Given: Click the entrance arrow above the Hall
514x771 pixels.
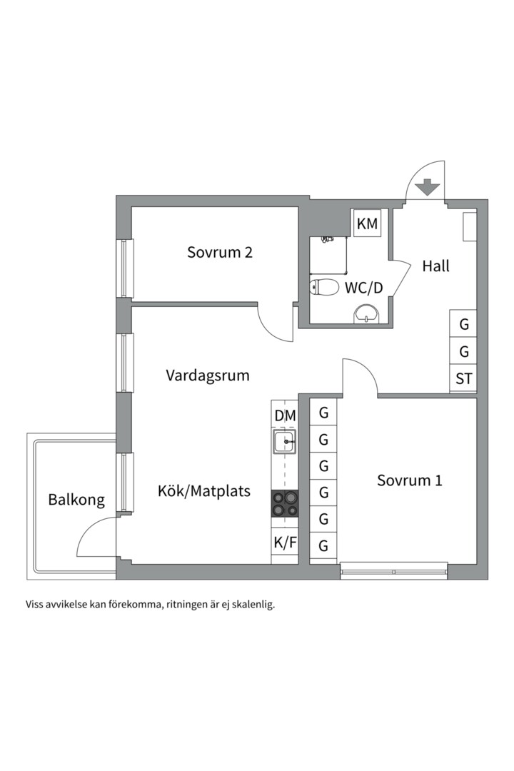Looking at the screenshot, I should coord(427,187).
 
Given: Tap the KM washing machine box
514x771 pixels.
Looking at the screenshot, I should coord(367,223).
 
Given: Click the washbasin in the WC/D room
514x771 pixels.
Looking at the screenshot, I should coord(367,313).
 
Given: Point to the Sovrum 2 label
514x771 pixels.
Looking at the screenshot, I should coord(220,252).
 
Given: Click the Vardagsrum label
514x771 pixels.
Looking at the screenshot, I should coord(208,375).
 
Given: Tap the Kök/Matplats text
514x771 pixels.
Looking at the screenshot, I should coord(204,491).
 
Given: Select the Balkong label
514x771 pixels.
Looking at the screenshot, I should coord(76,500).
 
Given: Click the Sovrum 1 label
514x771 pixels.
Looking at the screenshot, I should coord(409,480).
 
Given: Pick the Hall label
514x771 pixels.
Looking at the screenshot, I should coord(435,266).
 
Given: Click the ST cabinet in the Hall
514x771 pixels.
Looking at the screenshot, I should coord(464,378).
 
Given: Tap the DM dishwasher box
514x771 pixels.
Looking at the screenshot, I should coord(285,415).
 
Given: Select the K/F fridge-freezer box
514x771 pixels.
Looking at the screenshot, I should coord(285,543).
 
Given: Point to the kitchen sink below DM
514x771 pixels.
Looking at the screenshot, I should coord(285,443).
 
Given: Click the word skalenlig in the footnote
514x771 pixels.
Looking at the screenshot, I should coord(252,604).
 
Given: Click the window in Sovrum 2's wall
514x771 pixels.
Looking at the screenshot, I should coord(126,268).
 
